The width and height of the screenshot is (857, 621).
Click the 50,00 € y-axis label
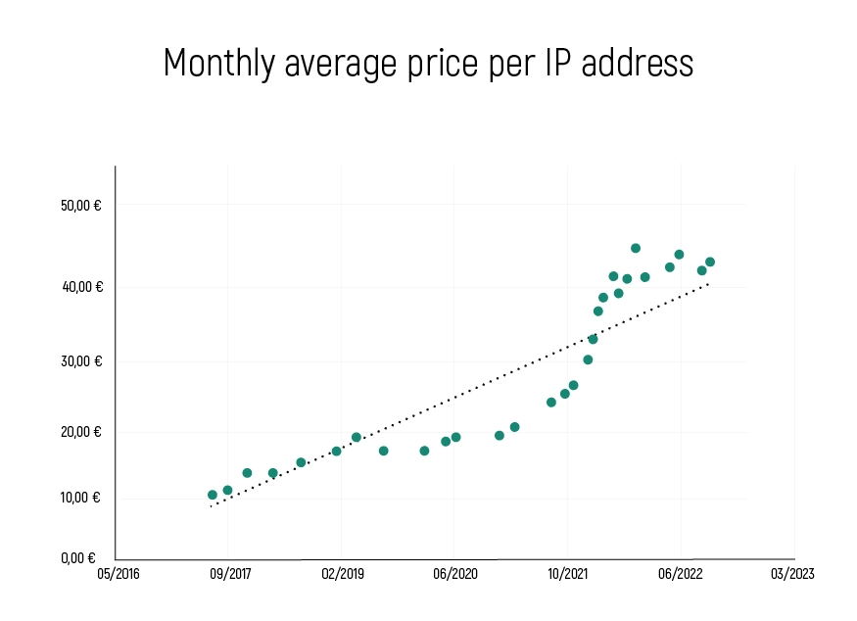pyautogui.click(x=81, y=207)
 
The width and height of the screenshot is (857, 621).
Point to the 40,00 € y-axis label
pyautogui.click(x=81, y=287)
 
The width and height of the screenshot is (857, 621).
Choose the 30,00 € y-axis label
pyautogui.click(x=81, y=360)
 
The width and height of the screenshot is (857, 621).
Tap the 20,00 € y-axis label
pyautogui.click(x=81, y=432)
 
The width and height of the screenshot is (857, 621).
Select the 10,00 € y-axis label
pyautogui.click(x=81, y=498)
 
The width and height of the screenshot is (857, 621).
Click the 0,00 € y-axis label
pyautogui.click(x=78, y=558)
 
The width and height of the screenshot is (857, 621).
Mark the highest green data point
pyautogui.click(x=636, y=249)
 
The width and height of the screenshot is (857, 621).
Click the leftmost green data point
pyautogui.click(x=213, y=495)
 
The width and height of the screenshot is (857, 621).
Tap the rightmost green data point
pyautogui.click(x=710, y=262)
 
